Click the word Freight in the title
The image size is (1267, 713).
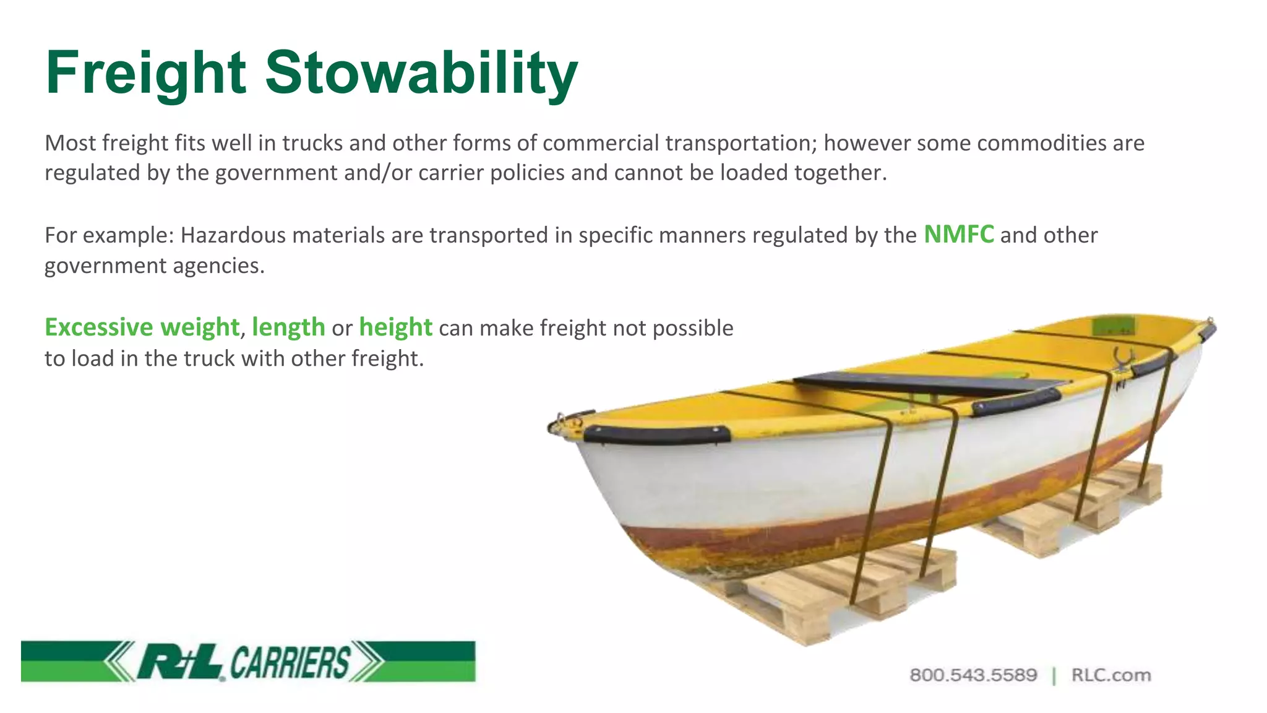tap(146, 73)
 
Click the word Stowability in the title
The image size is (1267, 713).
tap(421, 73)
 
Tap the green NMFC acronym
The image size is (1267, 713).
tap(958, 235)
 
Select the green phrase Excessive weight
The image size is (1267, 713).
tap(142, 327)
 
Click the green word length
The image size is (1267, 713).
tap(288, 327)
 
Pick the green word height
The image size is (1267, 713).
tap(395, 327)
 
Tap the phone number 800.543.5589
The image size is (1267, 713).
tap(973, 675)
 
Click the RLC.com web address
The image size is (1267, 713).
tap(1111, 675)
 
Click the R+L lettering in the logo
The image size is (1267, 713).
tap(179, 662)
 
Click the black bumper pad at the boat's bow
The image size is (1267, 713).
tap(656, 434)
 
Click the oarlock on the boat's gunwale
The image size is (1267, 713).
tap(1122, 359)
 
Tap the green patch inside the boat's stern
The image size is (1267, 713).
tap(1114, 325)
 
